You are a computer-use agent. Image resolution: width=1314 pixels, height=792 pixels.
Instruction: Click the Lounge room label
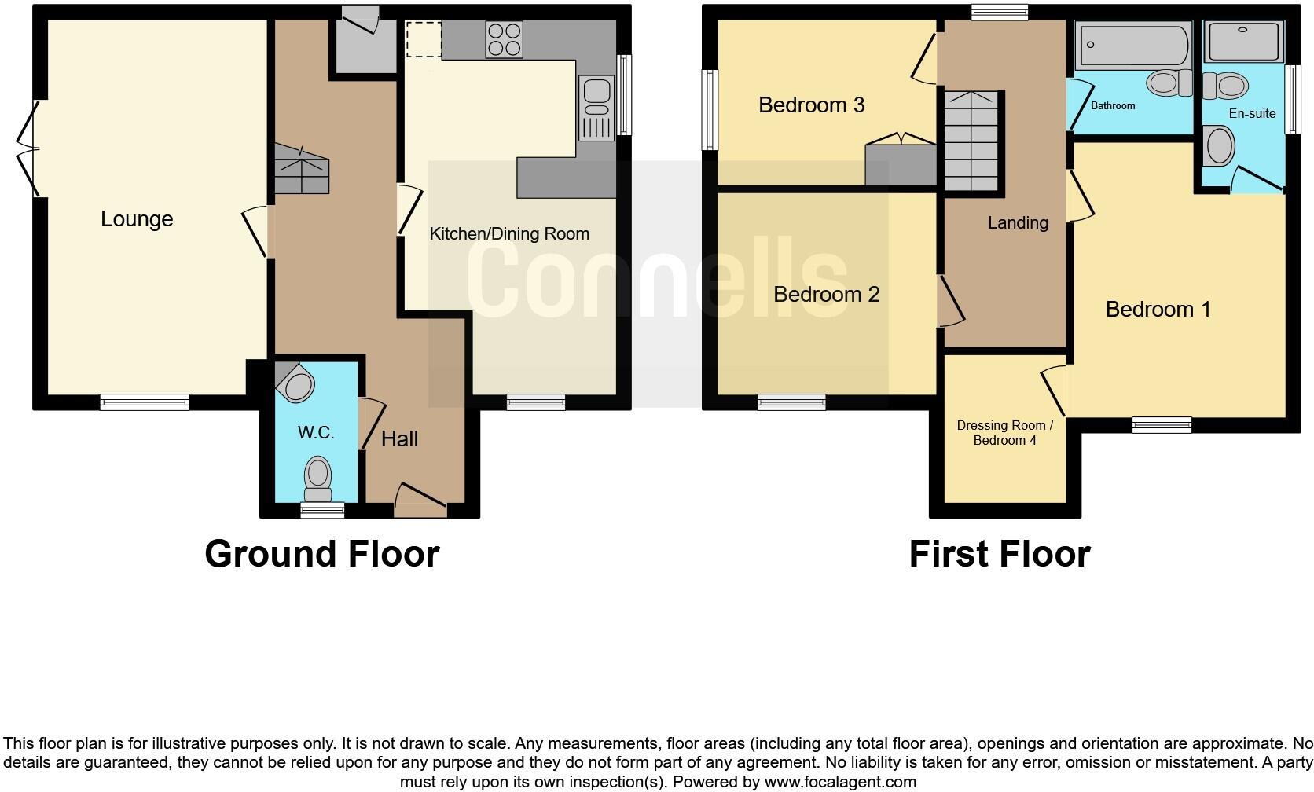pyautogui.click(x=137, y=219)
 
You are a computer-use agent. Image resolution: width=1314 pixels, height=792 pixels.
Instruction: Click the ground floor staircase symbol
pyautogui.click(x=301, y=168)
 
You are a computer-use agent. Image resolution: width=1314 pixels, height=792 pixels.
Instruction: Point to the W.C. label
pyautogui.click(x=315, y=432)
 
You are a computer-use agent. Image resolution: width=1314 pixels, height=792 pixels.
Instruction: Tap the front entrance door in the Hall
pyautogui.click(x=420, y=500)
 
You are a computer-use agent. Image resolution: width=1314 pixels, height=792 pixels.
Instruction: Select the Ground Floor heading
pyautogui.click(x=321, y=554)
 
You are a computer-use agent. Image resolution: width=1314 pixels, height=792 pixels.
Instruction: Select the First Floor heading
pyautogui.click(x=999, y=554)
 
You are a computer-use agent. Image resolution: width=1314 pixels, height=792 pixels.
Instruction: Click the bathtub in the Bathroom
pyautogui.click(x=1132, y=45)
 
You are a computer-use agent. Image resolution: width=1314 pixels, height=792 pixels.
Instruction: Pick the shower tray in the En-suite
pyautogui.click(x=1244, y=42)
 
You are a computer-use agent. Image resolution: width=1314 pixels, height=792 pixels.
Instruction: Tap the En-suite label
pyautogui.click(x=1252, y=113)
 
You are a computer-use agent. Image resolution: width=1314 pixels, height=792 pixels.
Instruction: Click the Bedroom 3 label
pyautogui.click(x=811, y=104)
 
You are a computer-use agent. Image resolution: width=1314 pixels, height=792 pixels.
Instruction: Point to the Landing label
pyautogui.click(x=1018, y=223)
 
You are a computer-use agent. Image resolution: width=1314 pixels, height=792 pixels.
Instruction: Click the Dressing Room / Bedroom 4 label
pyautogui.click(x=1004, y=433)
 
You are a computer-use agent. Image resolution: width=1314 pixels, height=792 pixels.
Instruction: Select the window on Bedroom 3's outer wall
pyautogui.click(x=710, y=110)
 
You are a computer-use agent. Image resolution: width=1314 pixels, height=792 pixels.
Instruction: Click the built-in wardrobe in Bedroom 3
pyautogui.click(x=901, y=162)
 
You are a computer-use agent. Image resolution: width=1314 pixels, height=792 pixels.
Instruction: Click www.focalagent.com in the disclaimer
pyautogui.click(x=839, y=782)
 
